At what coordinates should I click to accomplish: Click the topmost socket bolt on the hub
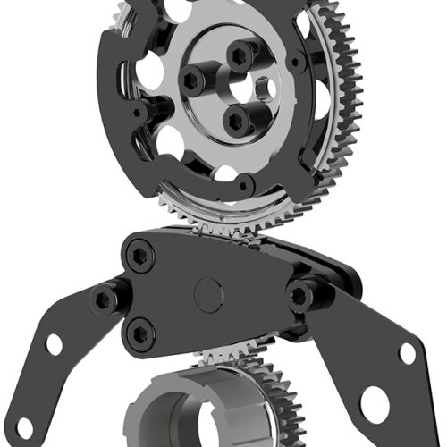[239, 56]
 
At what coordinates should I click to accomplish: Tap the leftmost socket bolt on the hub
[193, 81]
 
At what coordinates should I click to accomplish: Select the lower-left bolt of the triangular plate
[139, 334]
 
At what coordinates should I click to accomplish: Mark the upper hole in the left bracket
[55, 343]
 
